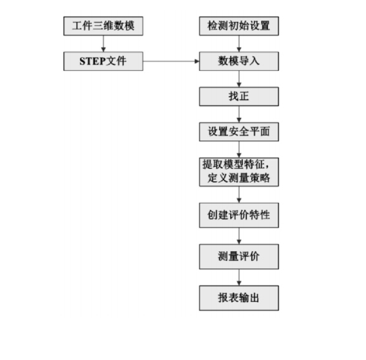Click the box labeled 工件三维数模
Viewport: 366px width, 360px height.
coord(103,27)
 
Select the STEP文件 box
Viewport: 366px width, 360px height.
coord(103,62)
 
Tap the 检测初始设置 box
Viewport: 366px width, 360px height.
coord(239,27)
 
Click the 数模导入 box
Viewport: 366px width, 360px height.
coord(239,62)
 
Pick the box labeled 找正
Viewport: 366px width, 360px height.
coord(239,97)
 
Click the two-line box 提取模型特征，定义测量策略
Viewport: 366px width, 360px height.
coord(239,171)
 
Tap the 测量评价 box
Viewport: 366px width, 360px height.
coord(239,258)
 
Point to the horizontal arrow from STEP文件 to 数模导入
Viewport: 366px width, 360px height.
coord(171,62)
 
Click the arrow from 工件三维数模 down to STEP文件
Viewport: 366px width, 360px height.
coord(103,44)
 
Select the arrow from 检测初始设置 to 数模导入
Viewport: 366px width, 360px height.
coord(239,44)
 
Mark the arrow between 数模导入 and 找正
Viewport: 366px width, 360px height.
coord(239,79)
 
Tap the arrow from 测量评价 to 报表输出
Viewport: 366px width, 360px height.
coord(239,278)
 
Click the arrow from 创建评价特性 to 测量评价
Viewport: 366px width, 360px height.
coord(239,237)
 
